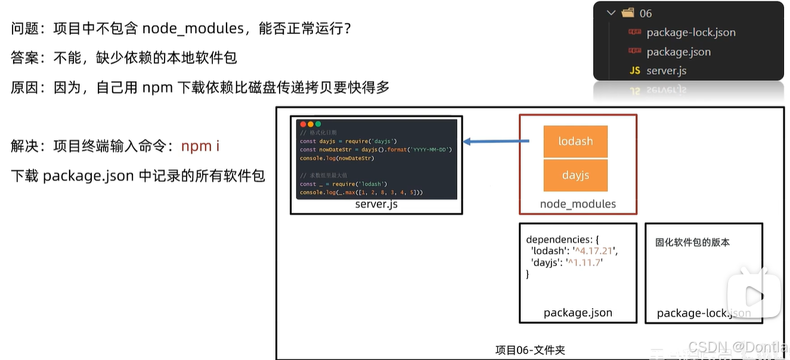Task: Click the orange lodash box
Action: [x=575, y=141]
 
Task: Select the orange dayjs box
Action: [x=575, y=175]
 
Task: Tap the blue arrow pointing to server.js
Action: [x=496, y=141]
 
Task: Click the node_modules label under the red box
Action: [x=578, y=204]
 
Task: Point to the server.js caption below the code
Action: [x=376, y=204]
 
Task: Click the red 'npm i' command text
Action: [x=200, y=146]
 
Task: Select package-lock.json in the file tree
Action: [x=690, y=33]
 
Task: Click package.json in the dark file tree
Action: [x=679, y=52]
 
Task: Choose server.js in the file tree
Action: [x=666, y=71]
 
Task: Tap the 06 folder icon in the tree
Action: [x=628, y=13]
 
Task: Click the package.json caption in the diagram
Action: [x=578, y=313]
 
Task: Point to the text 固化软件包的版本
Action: [x=692, y=242]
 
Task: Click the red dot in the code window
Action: [x=303, y=124]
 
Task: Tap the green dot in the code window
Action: [x=318, y=124]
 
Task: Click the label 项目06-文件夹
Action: [x=529, y=350]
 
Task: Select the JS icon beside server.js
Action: [x=635, y=71]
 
